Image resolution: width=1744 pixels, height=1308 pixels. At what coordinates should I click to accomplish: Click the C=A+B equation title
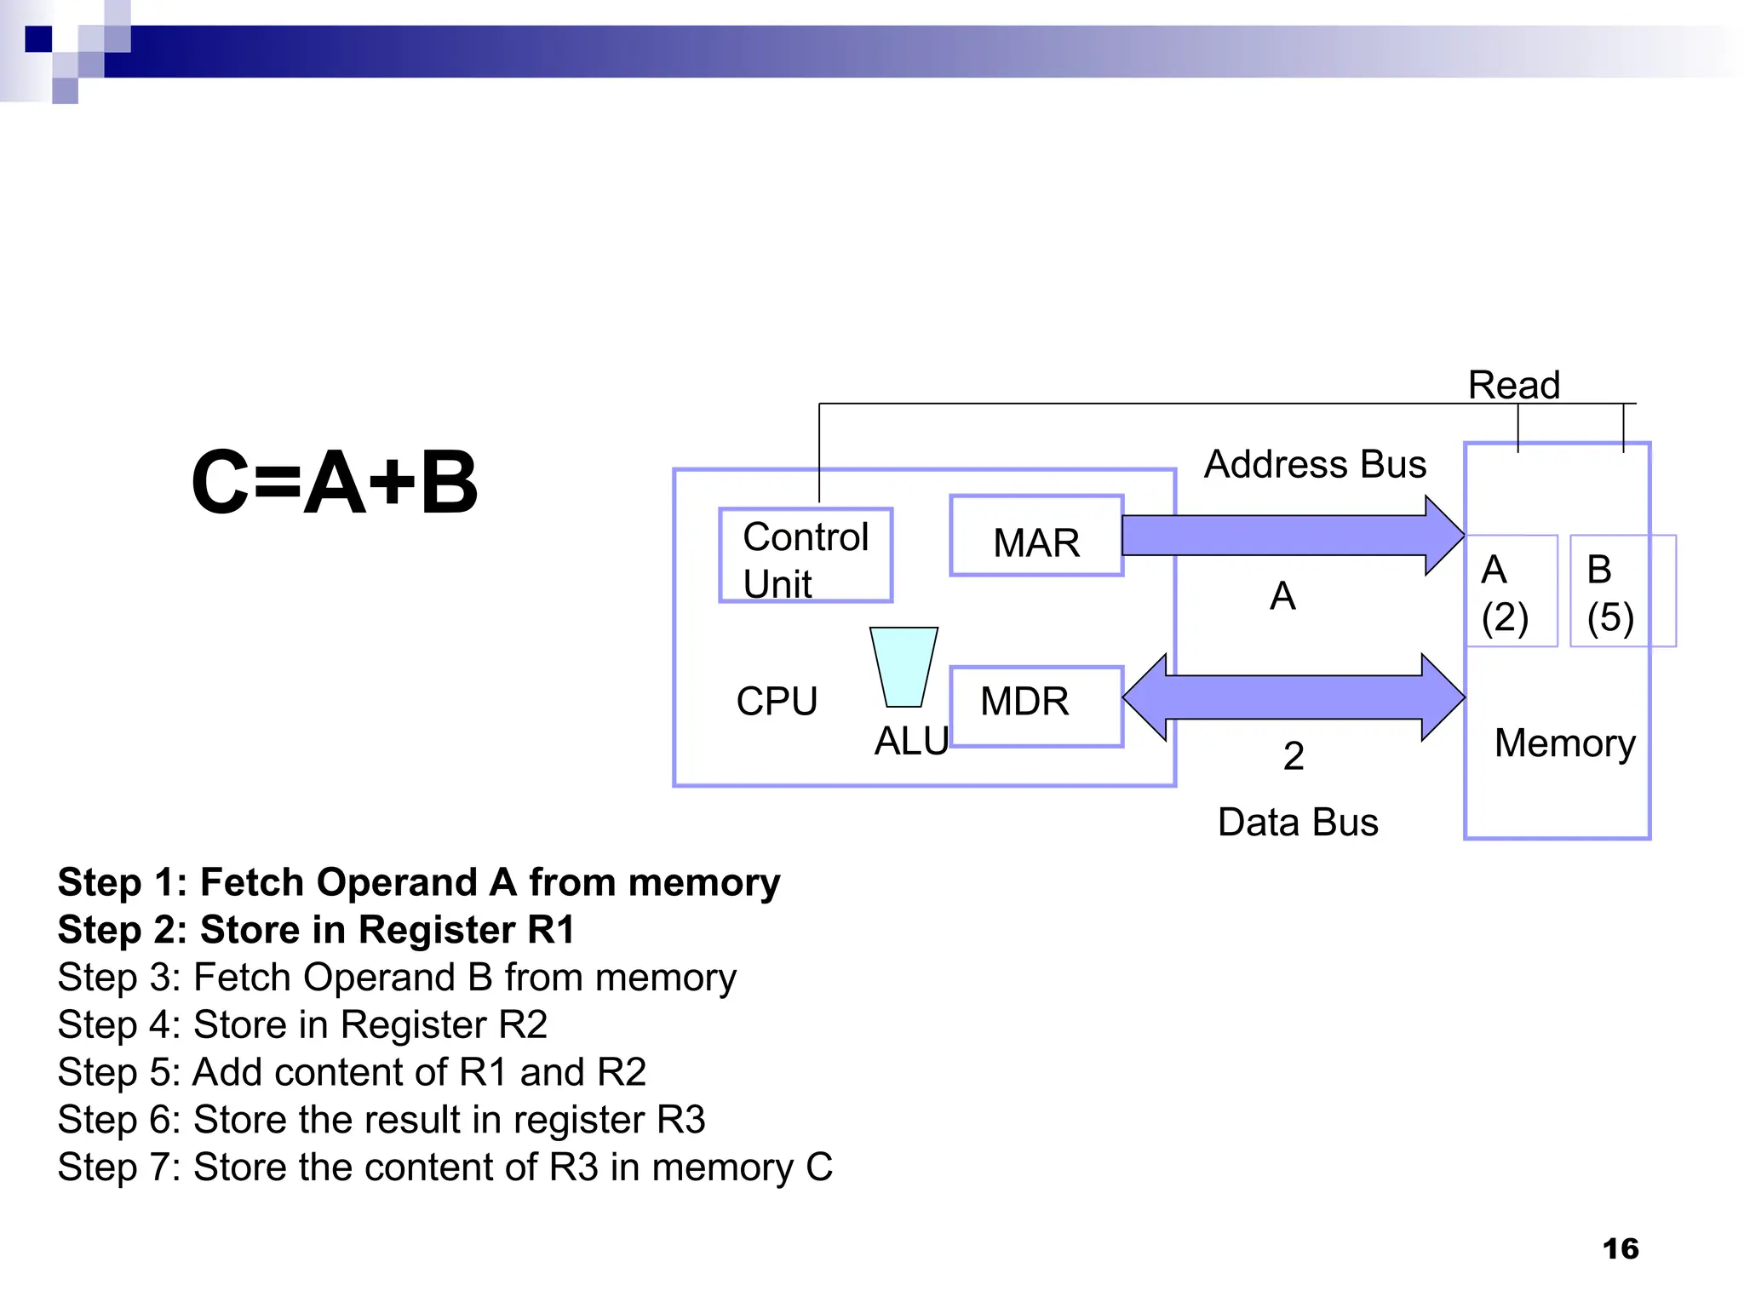(x=335, y=482)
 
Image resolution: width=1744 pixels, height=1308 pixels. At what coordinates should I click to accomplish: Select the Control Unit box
(x=806, y=556)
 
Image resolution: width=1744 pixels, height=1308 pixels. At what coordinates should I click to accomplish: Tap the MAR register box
(x=1036, y=536)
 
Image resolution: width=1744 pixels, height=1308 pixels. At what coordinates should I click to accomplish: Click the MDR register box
(x=1035, y=707)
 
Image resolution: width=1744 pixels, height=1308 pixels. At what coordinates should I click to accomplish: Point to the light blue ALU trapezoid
(x=904, y=667)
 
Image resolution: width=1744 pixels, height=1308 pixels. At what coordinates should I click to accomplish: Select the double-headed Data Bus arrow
(x=1294, y=697)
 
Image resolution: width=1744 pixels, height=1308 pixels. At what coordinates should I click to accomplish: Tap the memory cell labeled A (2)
(x=1511, y=591)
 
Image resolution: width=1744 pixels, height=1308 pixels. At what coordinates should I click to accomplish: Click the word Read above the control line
(x=1513, y=385)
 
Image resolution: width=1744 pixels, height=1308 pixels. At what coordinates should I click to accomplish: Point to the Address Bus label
(x=1315, y=465)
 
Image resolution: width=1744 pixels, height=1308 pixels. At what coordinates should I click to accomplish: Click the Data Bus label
(x=1298, y=823)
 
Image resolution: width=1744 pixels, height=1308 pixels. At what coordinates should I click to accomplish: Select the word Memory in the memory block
(x=1564, y=743)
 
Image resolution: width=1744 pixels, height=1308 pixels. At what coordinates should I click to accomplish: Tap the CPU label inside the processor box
(x=777, y=702)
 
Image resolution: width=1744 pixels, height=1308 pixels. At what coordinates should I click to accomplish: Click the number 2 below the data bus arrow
(x=1294, y=756)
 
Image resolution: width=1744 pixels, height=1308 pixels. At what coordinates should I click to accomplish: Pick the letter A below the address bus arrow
(x=1282, y=596)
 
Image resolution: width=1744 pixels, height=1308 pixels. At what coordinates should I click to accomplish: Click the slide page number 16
(x=1620, y=1248)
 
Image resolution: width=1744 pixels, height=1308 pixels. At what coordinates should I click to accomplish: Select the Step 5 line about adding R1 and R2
(x=352, y=1072)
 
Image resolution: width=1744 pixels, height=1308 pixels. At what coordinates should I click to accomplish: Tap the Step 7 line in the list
(x=445, y=1167)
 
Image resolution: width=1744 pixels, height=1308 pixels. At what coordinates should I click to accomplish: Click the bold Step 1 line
(x=419, y=883)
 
